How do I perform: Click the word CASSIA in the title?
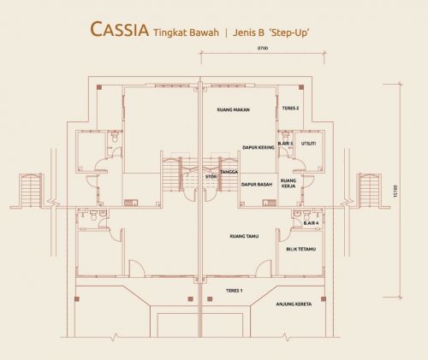(x=119, y=30)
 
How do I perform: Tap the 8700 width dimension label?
(x=263, y=48)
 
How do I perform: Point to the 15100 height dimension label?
(x=395, y=191)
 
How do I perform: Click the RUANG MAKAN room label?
(x=234, y=109)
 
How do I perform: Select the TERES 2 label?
(x=291, y=109)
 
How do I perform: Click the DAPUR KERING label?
(x=259, y=147)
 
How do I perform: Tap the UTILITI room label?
(x=309, y=144)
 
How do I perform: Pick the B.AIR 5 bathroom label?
(x=285, y=144)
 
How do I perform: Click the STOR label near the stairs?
(x=211, y=177)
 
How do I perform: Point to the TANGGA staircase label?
(x=229, y=172)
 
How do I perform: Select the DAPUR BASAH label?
(x=257, y=185)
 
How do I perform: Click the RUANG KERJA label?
(x=288, y=183)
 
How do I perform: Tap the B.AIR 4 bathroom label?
(x=311, y=223)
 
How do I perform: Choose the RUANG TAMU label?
(x=244, y=236)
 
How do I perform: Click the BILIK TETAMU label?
(x=301, y=249)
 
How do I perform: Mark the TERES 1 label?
(x=235, y=291)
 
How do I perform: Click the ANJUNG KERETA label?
(x=294, y=304)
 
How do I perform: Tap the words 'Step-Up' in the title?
(x=289, y=32)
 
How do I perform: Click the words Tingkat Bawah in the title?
(x=186, y=32)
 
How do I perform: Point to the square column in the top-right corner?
(x=301, y=87)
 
